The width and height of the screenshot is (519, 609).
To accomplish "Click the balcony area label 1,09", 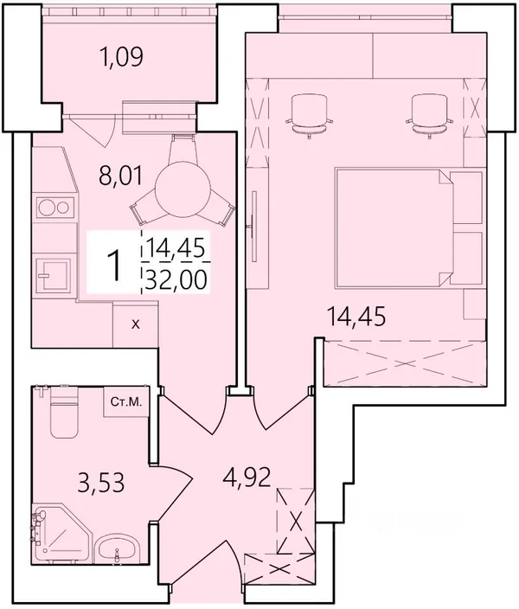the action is [x=122, y=57].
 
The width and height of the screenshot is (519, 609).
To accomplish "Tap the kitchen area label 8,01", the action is [x=121, y=175].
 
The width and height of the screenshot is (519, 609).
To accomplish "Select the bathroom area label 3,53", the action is [x=101, y=483].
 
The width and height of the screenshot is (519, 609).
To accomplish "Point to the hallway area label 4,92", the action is [x=247, y=478].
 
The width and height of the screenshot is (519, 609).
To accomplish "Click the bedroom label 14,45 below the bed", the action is [x=356, y=316].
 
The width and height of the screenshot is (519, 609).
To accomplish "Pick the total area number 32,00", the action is [x=176, y=279].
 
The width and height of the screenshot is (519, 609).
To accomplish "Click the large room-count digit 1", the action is [x=114, y=266].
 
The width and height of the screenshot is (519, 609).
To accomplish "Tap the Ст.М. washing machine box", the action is [x=126, y=402].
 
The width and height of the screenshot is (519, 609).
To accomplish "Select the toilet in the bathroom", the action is [x=63, y=412].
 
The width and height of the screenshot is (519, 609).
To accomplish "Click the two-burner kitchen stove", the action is [x=55, y=208].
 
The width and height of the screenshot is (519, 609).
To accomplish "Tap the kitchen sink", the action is [x=54, y=275].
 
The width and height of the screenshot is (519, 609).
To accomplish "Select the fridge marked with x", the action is [x=135, y=324].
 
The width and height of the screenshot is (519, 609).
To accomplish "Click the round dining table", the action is [x=183, y=194].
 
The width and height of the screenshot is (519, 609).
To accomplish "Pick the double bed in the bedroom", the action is [x=409, y=228].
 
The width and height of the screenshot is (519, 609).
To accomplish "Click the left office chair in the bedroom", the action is [x=309, y=115].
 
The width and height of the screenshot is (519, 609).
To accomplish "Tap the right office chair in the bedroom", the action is [x=430, y=115].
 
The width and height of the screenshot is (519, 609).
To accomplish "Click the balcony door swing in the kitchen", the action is [x=93, y=131].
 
